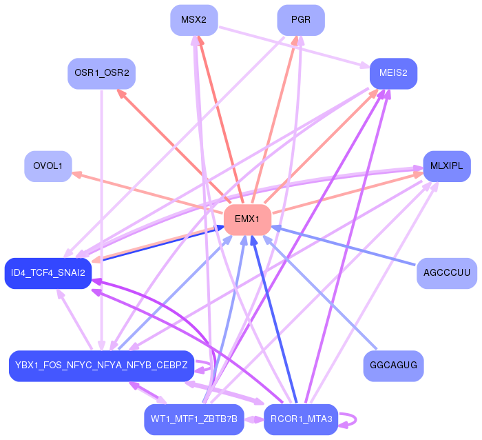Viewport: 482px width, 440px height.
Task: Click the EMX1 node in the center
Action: [247, 219]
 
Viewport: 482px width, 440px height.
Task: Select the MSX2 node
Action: [194, 20]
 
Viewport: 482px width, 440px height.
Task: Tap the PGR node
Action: [301, 20]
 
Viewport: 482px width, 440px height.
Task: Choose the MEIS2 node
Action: [393, 73]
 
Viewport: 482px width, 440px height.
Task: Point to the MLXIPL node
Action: [446, 166]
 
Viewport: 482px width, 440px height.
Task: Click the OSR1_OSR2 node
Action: [101, 73]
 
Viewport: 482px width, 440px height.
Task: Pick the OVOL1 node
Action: [48, 166]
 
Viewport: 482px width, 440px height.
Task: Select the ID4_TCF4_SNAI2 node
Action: [48, 273]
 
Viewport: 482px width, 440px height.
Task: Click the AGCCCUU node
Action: [446, 273]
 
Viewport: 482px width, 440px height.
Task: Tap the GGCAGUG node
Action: [393, 365]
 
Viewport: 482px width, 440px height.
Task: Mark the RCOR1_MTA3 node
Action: [301, 419]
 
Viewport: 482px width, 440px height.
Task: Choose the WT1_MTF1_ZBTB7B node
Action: [194, 419]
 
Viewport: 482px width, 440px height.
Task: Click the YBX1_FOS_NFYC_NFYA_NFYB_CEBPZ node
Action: [101, 366]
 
